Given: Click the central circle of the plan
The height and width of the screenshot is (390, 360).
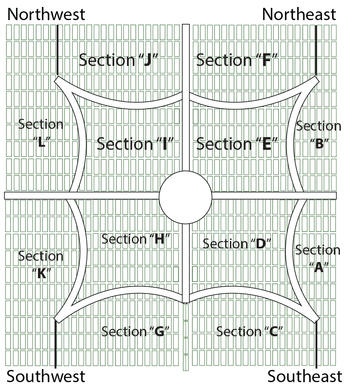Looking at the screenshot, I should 185,197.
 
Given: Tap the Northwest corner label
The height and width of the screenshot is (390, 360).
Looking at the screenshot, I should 46,14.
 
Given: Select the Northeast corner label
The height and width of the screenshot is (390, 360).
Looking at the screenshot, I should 299,14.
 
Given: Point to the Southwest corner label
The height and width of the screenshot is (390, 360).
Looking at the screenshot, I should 46,376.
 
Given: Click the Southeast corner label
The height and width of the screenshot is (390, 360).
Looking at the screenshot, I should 305,376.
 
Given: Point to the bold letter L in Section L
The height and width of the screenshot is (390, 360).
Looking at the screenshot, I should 42,142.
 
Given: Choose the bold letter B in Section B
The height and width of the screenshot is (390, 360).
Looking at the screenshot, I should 319,144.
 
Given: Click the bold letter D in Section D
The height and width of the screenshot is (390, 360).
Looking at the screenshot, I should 261,244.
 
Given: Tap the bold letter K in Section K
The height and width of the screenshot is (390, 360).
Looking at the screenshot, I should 42,274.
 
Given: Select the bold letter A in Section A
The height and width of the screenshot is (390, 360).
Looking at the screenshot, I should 318,267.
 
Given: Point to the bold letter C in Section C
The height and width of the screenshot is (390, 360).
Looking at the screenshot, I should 274,332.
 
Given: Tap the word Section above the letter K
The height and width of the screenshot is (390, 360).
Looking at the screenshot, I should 41,256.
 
